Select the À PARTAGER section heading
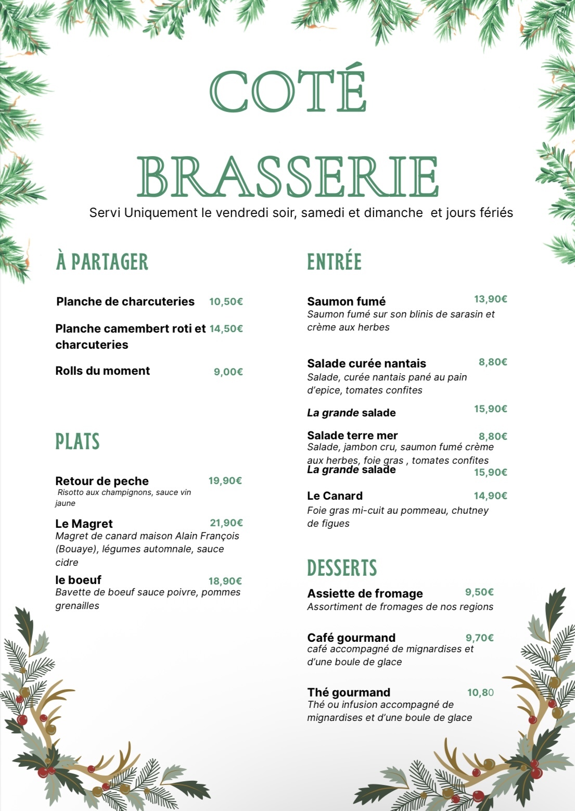(102, 262)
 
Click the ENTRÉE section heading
(334, 262)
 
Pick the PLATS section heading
(78, 441)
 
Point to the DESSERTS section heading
(342, 568)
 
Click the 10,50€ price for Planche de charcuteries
(226, 302)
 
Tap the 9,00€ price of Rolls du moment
(228, 372)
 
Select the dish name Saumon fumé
(346, 301)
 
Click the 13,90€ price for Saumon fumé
(490, 299)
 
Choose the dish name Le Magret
(84, 524)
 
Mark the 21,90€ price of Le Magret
(226, 523)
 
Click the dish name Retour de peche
(102, 481)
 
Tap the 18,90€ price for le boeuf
(225, 581)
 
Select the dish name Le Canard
(335, 496)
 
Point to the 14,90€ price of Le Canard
(490, 496)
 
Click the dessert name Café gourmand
(351, 638)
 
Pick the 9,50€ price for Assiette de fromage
(479, 592)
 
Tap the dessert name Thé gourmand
(349, 692)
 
